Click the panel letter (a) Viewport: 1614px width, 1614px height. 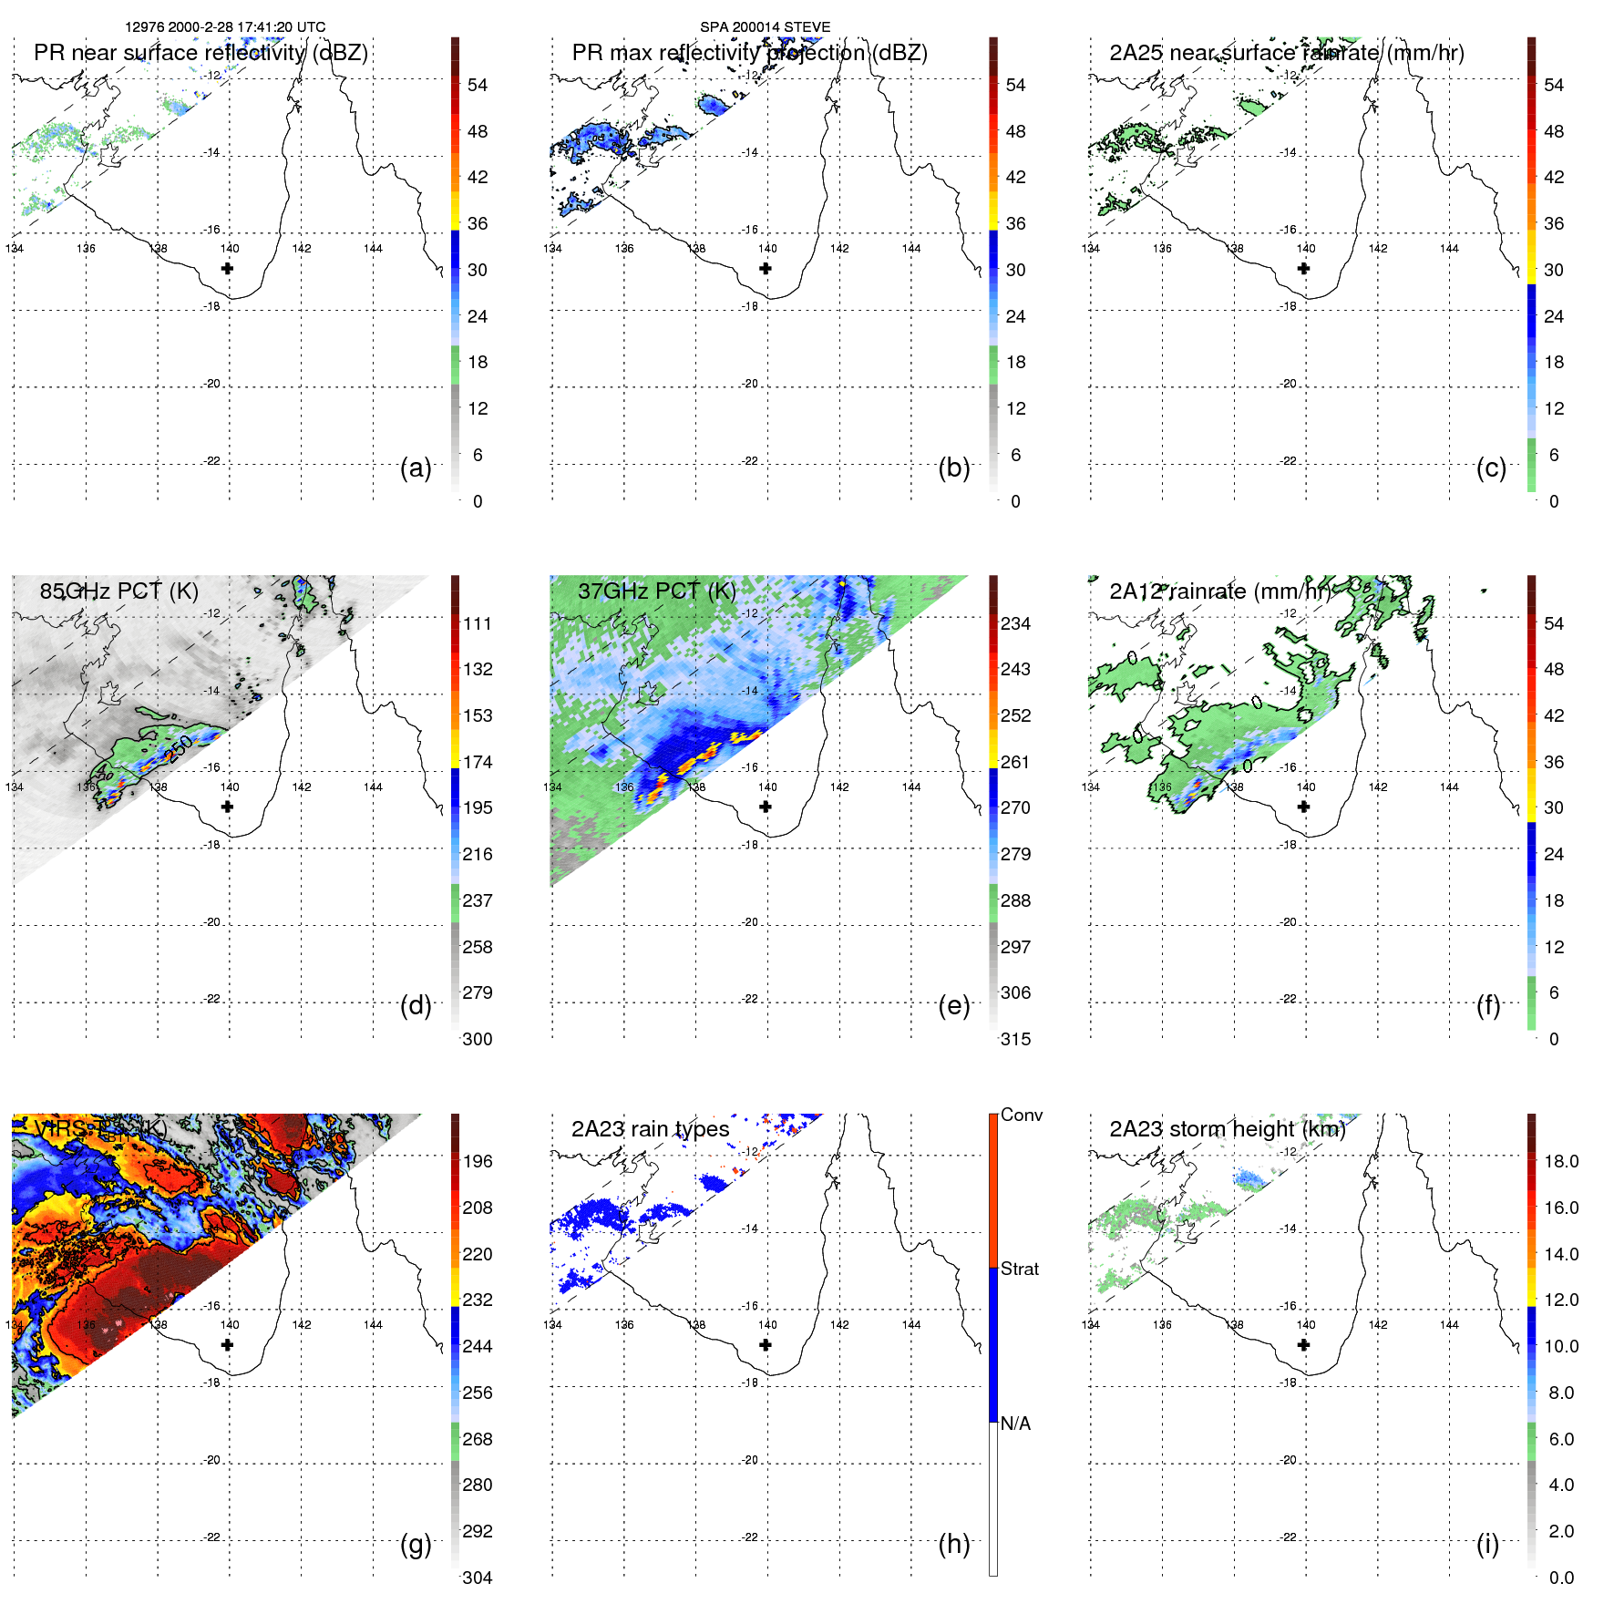416,468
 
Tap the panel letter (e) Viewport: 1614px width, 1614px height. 953,1005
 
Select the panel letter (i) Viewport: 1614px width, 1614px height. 1487,1544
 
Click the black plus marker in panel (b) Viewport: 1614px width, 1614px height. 766,268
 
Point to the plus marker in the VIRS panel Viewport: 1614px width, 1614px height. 227,1344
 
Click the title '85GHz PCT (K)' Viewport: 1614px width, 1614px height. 118,591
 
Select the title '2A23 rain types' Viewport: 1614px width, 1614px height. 650,1129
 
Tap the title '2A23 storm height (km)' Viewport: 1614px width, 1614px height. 1227,1129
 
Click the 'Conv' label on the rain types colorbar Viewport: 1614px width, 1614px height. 1021,1115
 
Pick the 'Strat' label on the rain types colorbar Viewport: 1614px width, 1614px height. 1019,1269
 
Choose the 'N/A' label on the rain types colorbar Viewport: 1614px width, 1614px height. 1015,1424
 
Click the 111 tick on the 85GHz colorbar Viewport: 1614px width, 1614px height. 478,623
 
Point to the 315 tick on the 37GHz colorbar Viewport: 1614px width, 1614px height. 1015,1039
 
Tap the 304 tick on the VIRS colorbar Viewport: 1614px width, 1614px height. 478,1578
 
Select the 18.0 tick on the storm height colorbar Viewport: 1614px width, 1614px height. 1560,1161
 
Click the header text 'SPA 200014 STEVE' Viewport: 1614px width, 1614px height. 765,26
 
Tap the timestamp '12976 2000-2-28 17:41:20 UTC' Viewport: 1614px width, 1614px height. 225,26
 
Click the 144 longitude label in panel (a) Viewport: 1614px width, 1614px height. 373,248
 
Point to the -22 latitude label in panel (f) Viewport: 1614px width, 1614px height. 1288,999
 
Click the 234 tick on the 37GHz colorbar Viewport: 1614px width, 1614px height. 1015,623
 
